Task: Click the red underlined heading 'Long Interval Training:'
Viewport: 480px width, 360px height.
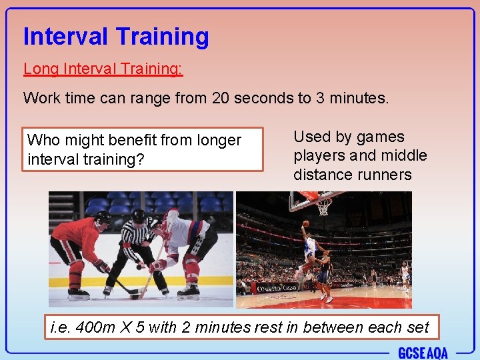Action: click(x=103, y=69)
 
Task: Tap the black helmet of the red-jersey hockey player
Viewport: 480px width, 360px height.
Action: click(x=103, y=217)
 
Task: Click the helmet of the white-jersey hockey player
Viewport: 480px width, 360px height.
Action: click(x=172, y=217)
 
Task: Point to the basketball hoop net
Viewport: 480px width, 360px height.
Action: click(x=324, y=207)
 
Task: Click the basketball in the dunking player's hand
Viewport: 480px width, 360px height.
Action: click(x=306, y=224)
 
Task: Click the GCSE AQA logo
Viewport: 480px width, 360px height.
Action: click(x=423, y=352)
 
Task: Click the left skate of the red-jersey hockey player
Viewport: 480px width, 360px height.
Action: click(x=78, y=293)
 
